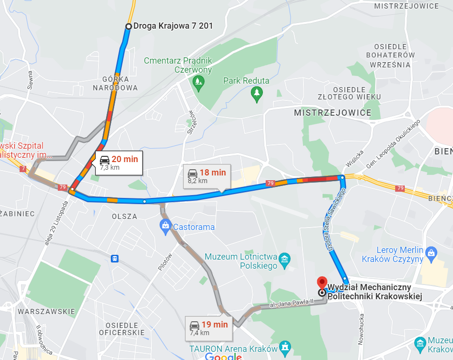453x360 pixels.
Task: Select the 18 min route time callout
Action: (207, 176)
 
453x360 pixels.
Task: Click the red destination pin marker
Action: (323, 283)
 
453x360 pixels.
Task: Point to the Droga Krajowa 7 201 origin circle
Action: (128, 26)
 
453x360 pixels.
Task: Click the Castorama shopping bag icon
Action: (166, 227)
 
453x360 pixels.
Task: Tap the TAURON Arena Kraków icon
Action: (285, 346)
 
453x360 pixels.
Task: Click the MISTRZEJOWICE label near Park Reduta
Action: (333, 113)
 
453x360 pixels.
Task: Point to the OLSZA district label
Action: (124, 217)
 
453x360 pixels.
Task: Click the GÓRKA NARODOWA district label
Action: (115, 84)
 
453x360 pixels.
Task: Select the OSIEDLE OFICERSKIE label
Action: (122, 328)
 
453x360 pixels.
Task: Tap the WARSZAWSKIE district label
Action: (46, 312)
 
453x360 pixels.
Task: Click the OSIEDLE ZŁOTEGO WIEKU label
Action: (357, 93)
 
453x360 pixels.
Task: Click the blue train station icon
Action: (115, 259)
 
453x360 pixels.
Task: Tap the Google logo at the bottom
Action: (224, 356)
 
